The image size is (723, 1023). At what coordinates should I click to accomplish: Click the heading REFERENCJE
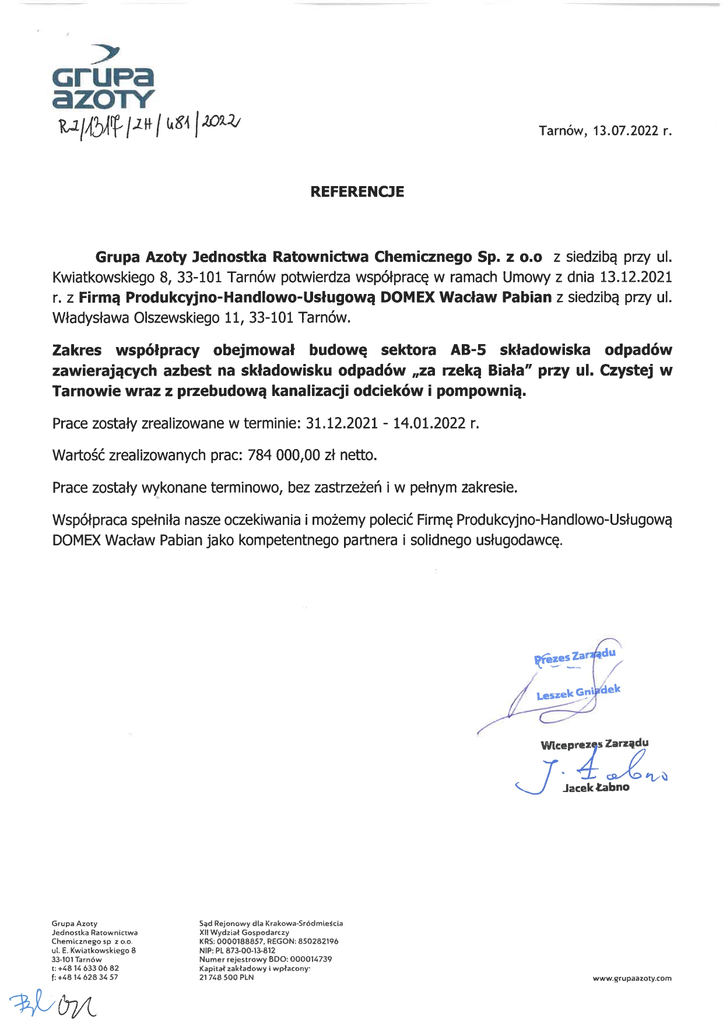coord(357,192)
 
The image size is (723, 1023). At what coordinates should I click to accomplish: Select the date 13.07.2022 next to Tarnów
coord(626,131)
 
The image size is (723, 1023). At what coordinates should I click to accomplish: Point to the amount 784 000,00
coord(284,455)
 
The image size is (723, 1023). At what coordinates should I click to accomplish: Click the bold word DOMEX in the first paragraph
coord(408,297)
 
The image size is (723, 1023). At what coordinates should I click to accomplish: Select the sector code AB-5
coord(468,350)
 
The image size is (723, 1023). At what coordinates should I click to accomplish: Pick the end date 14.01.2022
coord(429,423)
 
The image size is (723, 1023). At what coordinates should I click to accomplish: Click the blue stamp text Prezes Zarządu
coord(574,656)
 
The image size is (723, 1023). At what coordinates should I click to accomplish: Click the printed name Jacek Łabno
coord(596,787)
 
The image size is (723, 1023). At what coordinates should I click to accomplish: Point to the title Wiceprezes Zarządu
coord(594,744)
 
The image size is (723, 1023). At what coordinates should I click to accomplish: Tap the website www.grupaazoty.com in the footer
coord(632,978)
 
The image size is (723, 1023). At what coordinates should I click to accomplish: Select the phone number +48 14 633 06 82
coord(88,968)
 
